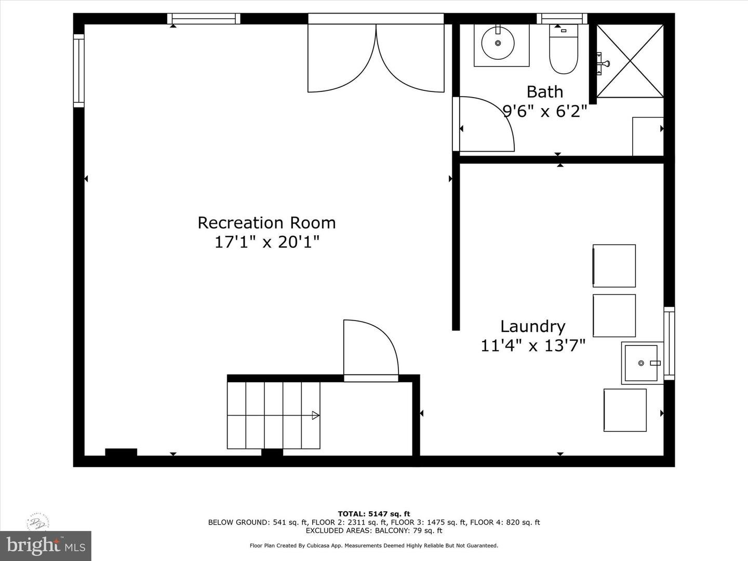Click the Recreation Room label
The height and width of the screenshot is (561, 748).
tap(266, 223)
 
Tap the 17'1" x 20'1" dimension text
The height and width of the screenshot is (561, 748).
tap(266, 242)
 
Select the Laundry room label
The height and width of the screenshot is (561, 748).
tap(532, 326)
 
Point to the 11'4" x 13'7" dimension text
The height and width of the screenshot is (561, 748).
tap(533, 345)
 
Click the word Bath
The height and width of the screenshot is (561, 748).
tap(544, 92)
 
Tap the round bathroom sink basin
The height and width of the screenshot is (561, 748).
tap(498, 43)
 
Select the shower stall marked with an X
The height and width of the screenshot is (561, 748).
tap(630, 61)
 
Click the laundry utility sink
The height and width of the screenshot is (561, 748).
tap(642, 363)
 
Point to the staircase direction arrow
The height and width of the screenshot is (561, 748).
tap(315, 415)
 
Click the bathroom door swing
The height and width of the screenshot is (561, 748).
tap(486, 125)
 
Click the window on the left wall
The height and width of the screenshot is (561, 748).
tap(78, 71)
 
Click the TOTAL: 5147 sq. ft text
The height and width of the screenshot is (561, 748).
tap(373, 514)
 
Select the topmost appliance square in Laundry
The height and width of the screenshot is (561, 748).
tap(614, 265)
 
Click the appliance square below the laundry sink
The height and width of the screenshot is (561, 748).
tap(625, 410)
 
